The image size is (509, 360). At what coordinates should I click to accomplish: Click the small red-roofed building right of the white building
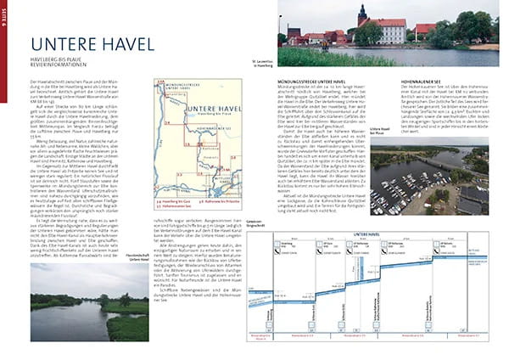(422, 31)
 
